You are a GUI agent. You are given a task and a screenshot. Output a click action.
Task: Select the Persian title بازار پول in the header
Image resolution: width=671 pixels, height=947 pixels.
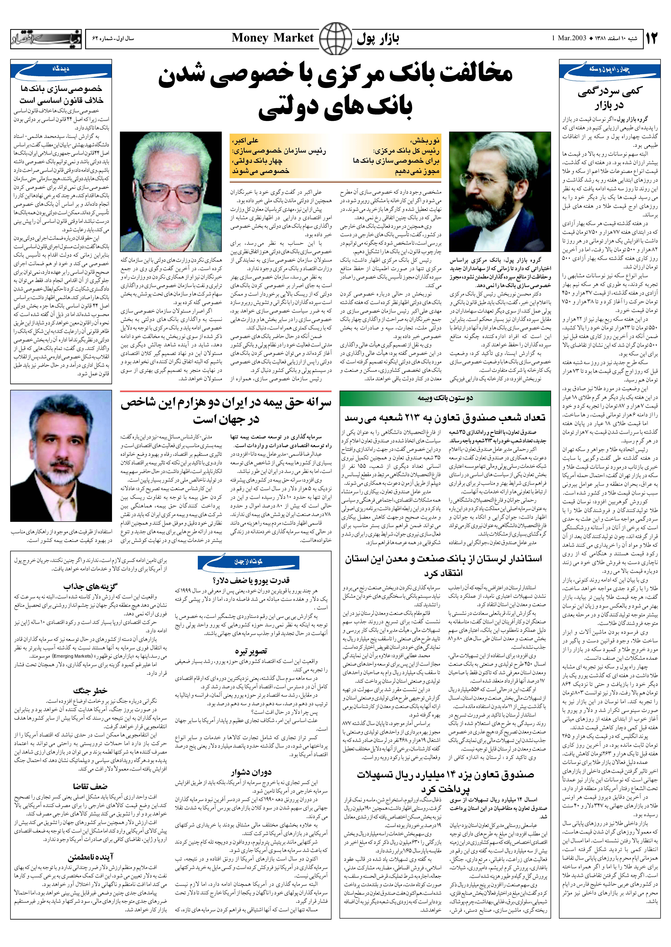378,39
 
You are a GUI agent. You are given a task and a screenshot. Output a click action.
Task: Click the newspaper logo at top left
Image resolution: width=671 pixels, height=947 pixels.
46,39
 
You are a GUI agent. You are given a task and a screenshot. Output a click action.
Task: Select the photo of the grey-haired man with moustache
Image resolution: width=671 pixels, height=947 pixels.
61,456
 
